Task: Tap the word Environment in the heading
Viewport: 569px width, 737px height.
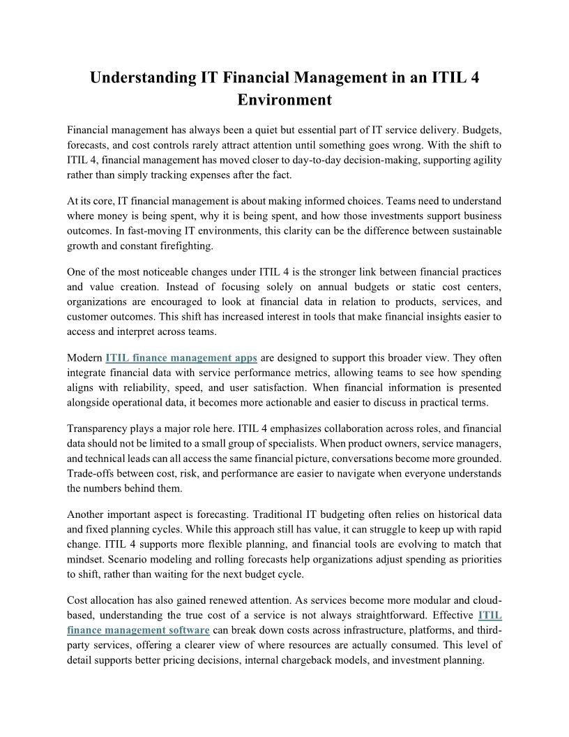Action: [x=284, y=100]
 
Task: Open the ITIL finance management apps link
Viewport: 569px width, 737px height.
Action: [x=181, y=358]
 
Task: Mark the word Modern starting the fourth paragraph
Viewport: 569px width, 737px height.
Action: [x=84, y=358]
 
